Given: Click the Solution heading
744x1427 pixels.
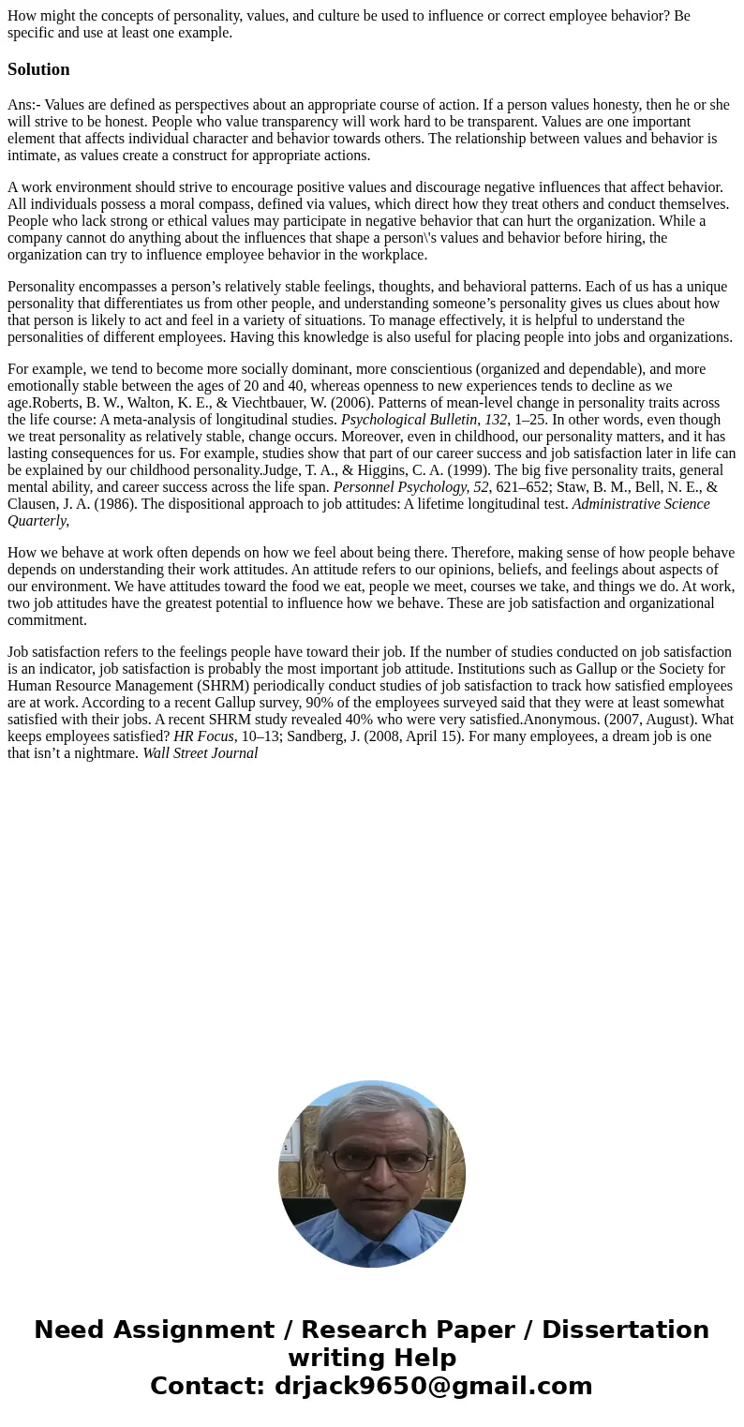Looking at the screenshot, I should tap(38, 69).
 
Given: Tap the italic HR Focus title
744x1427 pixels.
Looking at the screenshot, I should tap(203, 736).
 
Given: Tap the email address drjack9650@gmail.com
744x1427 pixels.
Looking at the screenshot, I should tap(433, 1387).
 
